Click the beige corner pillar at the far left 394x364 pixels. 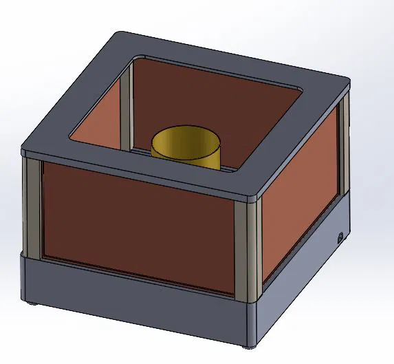32,206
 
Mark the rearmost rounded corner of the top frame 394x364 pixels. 124,34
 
